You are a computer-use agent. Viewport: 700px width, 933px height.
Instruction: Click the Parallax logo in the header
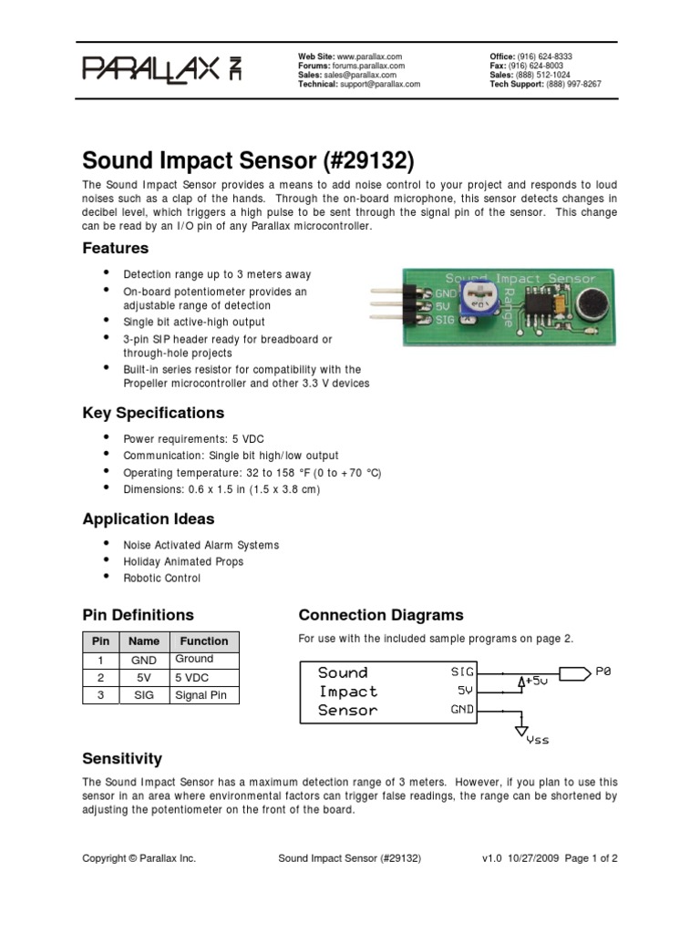click(x=163, y=69)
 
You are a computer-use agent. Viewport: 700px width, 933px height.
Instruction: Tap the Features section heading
click(x=115, y=248)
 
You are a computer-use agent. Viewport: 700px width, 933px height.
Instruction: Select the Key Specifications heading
click(x=153, y=413)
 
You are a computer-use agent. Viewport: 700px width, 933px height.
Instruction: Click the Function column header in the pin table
click(x=203, y=641)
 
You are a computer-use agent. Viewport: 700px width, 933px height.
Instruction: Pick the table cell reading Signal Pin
click(x=203, y=695)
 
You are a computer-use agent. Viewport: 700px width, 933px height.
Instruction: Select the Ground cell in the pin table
click(x=194, y=659)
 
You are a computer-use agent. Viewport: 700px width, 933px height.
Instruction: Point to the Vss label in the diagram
click(x=538, y=741)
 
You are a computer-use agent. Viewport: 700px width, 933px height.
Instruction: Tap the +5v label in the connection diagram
click(x=536, y=681)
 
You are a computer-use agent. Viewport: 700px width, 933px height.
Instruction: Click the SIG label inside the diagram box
click(x=462, y=672)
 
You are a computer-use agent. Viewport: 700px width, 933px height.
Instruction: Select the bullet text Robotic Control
click(x=161, y=578)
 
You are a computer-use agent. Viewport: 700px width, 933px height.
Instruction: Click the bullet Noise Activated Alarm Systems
click(x=201, y=545)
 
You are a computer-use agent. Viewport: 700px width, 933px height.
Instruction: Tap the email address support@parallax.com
click(x=381, y=83)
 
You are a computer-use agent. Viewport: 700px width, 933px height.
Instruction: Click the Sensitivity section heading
click(x=122, y=758)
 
